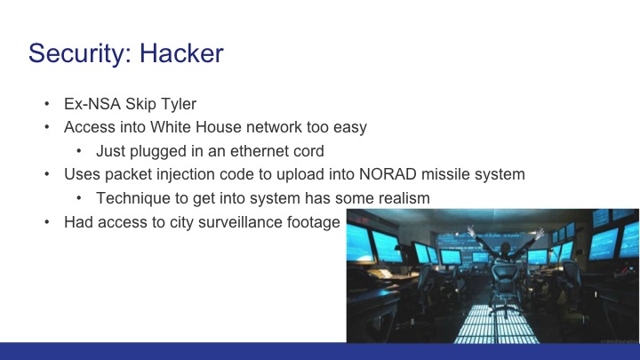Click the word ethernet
(251, 151)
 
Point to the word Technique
(132, 199)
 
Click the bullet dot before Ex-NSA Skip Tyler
(46, 103)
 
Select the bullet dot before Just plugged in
(79, 151)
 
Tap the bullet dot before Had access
(46, 223)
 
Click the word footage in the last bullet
(311, 223)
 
